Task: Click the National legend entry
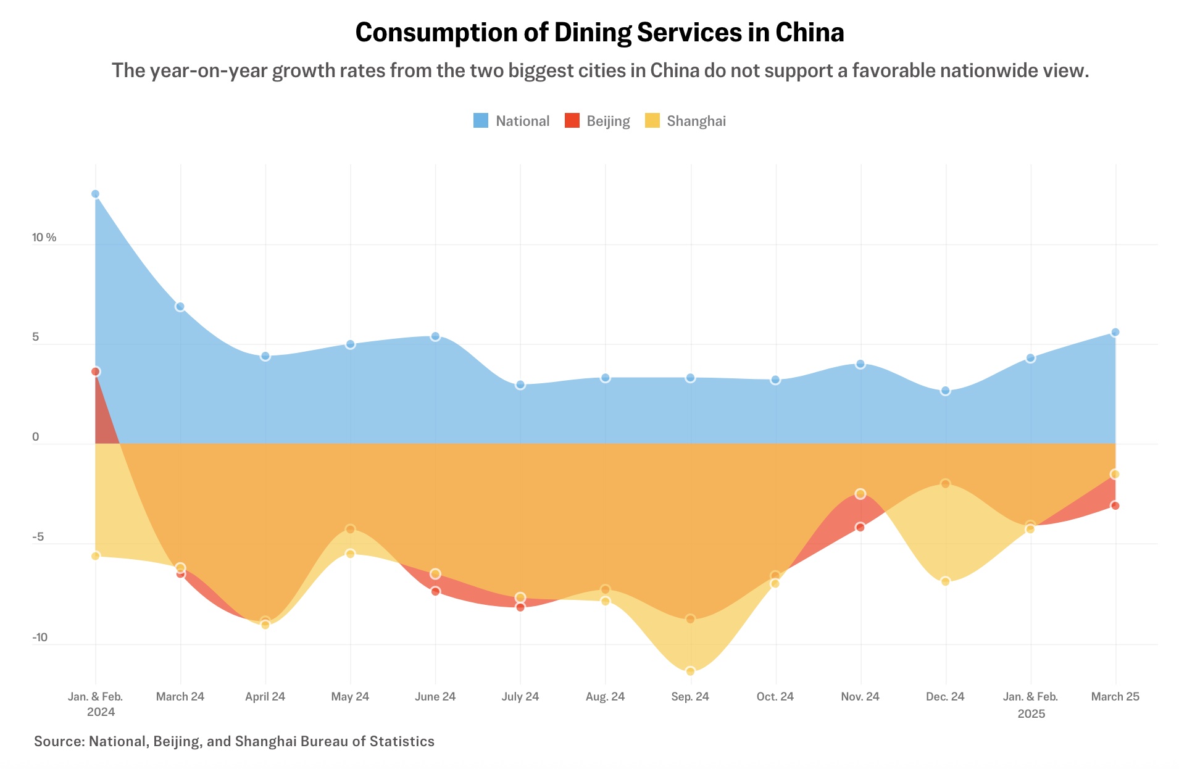point(511,121)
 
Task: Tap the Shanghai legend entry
point(685,121)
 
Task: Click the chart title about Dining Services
point(599,32)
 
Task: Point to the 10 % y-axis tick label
point(44,238)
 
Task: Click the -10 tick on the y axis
point(40,638)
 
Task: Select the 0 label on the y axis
point(36,437)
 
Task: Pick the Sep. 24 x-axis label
point(690,697)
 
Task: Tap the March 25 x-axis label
point(1115,697)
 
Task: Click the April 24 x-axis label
point(265,697)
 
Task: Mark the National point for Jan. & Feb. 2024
point(95,194)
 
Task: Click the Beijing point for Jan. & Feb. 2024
point(95,372)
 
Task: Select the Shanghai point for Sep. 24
point(690,671)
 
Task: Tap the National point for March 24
point(180,307)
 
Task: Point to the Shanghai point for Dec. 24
point(945,581)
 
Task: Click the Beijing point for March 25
point(1115,505)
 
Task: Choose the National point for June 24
point(435,336)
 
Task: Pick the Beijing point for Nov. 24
point(860,527)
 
